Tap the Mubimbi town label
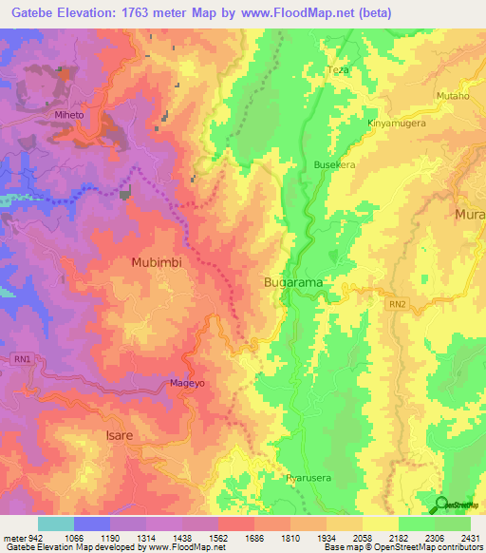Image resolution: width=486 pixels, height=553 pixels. (156, 261)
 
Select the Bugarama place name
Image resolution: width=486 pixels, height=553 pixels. (292, 283)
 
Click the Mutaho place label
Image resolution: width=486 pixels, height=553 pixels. (452, 96)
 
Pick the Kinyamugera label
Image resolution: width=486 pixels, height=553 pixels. (397, 124)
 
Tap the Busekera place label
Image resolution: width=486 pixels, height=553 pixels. (334, 164)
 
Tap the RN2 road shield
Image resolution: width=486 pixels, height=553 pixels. (399, 305)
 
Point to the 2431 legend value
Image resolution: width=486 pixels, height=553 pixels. (469, 539)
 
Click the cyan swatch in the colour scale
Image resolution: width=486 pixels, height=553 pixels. (55, 524)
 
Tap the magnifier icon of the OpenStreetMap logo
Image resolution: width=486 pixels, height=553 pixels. (439, 505)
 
